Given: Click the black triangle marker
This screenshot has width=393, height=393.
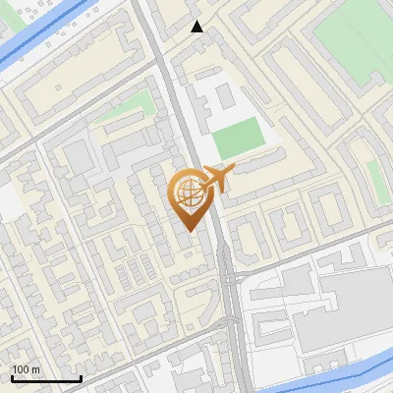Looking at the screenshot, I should pyautogui.click(x=197, y=27).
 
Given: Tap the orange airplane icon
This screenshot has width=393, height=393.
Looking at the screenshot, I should pyautogui.click(x=216, y=178).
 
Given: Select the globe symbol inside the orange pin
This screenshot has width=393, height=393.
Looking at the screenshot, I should pyautogui.click(x=187, y=192).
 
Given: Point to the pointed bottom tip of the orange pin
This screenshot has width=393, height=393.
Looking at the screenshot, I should pyautogui.click(x=187, y=230).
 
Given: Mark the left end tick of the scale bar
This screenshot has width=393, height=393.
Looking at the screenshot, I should pyautogui.click(x=12, y=377).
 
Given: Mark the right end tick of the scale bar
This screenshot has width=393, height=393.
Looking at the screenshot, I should pyautogui.click(x=81, y=377).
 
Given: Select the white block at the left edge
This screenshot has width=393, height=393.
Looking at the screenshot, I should pyautogui.click(x=8, y=201).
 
